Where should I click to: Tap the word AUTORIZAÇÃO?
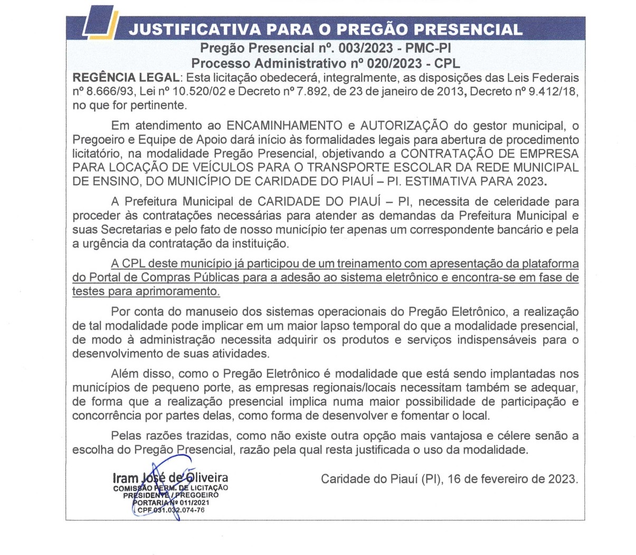click(x=404, y=126)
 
